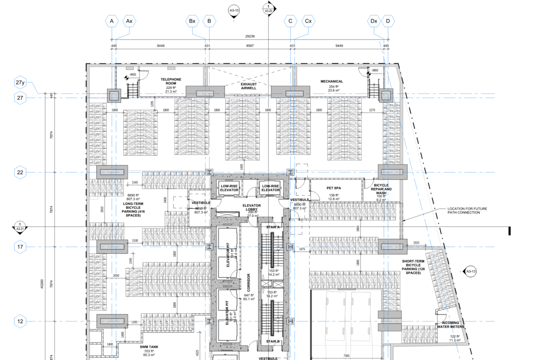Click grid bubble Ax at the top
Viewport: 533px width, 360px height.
[129, 21]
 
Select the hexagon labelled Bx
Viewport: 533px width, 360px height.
[192, 21]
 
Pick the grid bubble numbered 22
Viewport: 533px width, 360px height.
[20, 172]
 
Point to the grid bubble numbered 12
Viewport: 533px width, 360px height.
[20, 321]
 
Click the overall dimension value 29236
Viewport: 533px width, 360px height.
[250, 36]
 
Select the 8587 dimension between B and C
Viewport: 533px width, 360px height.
[250, 46]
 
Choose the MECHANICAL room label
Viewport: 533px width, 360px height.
[331, 81]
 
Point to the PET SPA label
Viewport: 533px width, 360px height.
[334, 188]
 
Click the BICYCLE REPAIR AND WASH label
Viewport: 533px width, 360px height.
[381, 189]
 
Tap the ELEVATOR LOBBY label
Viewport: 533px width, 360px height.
[252, 208]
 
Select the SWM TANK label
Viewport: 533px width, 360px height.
[149, 347]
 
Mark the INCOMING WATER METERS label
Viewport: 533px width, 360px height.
[451, 325]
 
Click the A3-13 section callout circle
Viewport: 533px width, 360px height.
[471, 271]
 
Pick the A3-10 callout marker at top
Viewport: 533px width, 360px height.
[234, 10]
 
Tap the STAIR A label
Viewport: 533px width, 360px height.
[273, 227]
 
